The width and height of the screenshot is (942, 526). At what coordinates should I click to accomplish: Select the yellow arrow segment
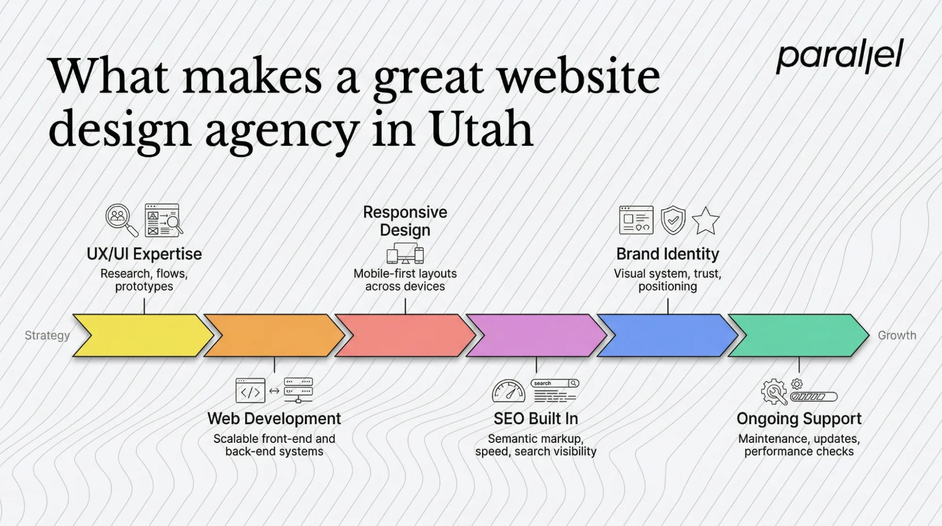141,336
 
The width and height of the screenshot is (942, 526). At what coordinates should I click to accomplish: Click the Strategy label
47,336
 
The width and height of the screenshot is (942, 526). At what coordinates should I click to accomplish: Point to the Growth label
897,336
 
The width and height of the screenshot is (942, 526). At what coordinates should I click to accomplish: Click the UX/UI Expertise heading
144,254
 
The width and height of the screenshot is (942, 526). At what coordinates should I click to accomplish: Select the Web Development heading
274,419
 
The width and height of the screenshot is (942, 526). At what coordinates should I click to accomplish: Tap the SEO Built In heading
536,419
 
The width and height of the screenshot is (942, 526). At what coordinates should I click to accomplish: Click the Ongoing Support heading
799,419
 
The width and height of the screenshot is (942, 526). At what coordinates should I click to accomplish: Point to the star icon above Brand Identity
705,221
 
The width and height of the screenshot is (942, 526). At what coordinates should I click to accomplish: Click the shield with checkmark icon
673,220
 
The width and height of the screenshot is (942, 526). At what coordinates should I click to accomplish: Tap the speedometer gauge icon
508,391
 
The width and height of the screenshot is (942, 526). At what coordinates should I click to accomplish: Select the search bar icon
555,383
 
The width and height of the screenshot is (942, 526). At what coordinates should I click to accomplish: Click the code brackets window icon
250,391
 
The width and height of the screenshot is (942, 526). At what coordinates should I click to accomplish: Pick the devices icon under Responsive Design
405,254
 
